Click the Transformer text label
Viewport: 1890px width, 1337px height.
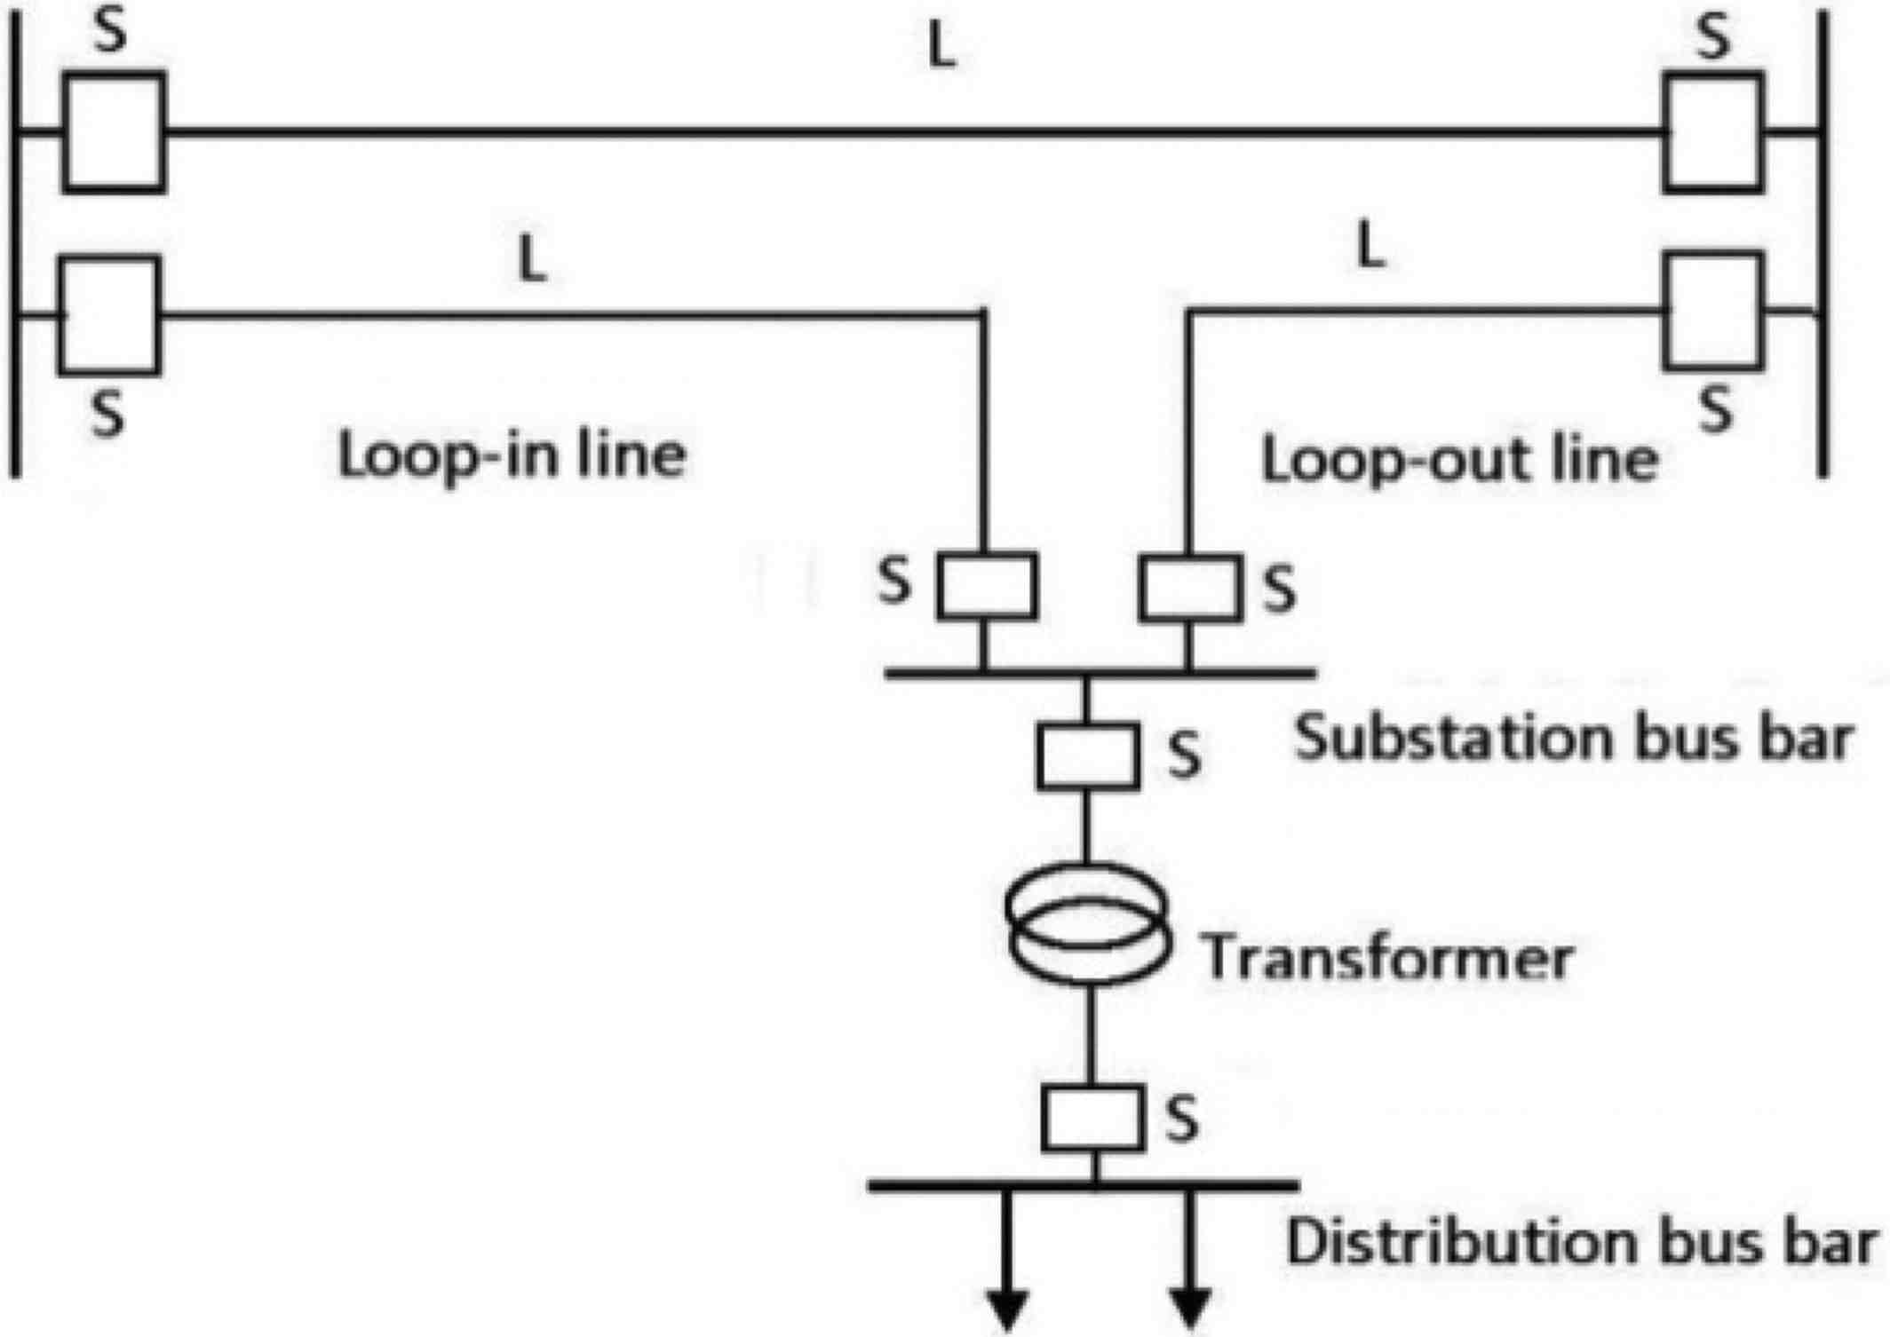[1387, 958]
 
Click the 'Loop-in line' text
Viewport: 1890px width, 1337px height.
[512, 456]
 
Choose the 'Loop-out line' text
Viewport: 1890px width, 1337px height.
[1460, 461]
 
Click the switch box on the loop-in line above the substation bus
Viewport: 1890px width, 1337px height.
[987, 586]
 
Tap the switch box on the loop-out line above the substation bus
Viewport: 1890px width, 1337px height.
[1189, 588]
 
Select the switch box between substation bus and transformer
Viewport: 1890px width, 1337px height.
[1088, 756]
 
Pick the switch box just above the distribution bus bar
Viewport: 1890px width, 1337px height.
[1092, 1119]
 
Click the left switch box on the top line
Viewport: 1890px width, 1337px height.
[114, 131]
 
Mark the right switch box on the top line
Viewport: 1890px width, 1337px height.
[1713, 132]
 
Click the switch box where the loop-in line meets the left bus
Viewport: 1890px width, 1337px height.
[109, 315]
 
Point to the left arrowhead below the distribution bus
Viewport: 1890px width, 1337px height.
[1007, 1309]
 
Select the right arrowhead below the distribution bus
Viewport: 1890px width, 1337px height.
[1190, 1309]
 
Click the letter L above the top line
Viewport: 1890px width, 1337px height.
[941, 48]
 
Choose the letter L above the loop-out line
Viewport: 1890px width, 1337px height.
[1371, 246]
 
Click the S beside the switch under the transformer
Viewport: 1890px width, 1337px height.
[1182, 1119]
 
